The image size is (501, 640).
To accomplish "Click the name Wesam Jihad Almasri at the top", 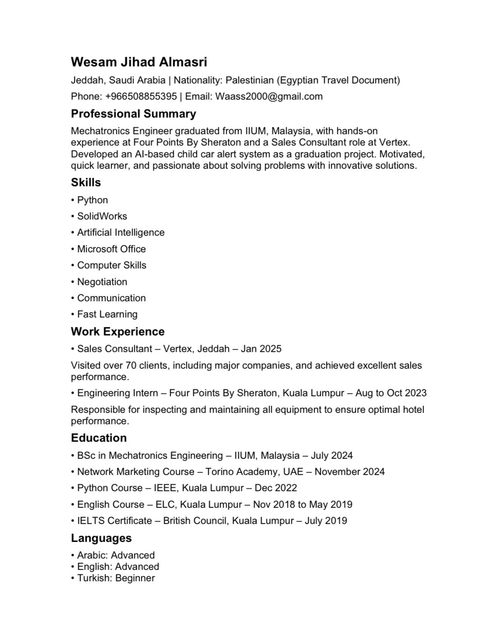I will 139,62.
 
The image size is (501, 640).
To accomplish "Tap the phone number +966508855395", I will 141,97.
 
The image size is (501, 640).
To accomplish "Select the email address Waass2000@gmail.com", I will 269,97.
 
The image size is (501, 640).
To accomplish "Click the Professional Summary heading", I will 133,114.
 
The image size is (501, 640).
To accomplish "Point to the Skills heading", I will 86,182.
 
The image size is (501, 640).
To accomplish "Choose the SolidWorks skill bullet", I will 102,216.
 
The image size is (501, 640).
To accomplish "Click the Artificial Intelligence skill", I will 121,232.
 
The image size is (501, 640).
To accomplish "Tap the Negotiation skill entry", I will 102,282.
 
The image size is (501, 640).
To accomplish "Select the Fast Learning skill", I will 107,314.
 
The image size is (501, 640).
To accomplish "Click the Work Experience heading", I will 118,332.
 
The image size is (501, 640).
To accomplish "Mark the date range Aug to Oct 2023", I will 391,393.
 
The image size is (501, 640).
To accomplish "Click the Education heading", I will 99,438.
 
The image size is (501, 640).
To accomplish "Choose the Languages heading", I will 101,538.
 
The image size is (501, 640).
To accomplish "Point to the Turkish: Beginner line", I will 116,578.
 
